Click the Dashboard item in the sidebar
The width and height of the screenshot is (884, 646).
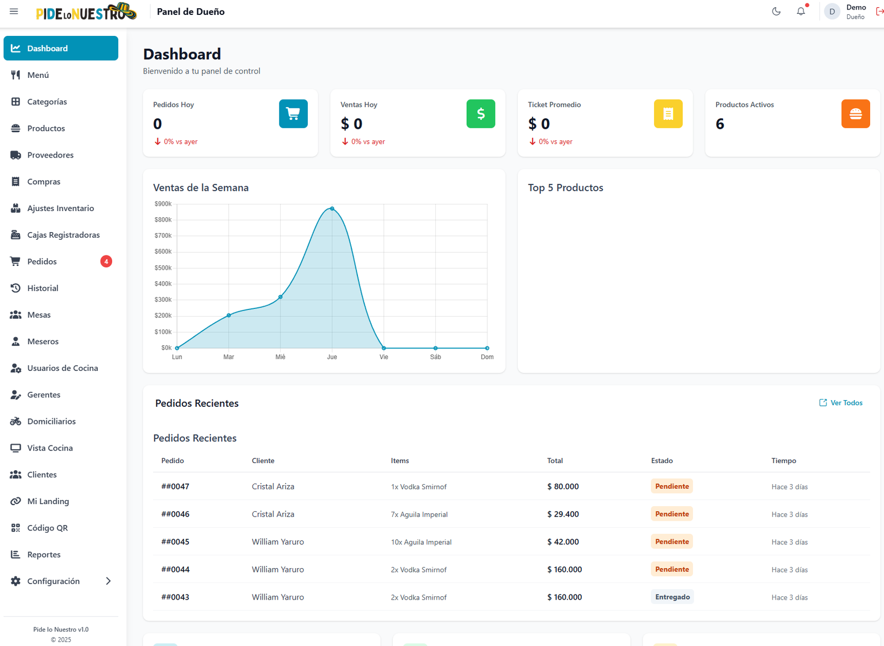coord(61,48)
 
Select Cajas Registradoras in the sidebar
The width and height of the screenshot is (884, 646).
coord(63,235)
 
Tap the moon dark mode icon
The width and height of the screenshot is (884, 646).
coord(776,12)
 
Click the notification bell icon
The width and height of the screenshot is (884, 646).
coord(801,12)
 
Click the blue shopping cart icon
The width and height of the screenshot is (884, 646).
coord(293,114)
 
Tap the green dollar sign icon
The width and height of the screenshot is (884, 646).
coord(481,114)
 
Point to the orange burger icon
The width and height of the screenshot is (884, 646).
coord(855,114)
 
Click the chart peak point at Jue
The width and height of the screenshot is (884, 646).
coord(332,208)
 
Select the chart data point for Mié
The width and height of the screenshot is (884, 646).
coord(281,297)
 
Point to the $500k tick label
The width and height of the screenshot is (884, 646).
coord(163,267)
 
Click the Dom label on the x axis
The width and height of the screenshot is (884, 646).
coord(487,357)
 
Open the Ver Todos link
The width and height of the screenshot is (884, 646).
coord(841,403)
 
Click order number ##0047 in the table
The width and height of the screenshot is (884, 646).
coord(175,486)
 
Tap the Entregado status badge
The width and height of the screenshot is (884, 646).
coord(672,597)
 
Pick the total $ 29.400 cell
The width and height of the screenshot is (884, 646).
coord(563,514)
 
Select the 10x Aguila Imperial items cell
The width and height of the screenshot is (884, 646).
coord(421,542)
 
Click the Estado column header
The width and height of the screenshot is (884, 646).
coord(662,460)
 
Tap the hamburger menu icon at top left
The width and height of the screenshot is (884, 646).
coord(14,12)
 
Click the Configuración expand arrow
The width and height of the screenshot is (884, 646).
coord(108,581)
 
